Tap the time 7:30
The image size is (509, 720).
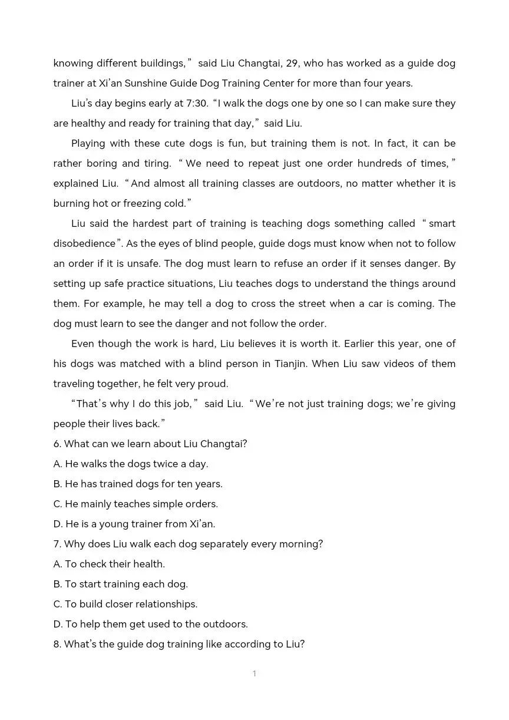point(197,103)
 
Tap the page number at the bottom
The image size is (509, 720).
point(254,673)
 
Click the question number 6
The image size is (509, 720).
point(57,444)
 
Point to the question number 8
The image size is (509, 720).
point(57,644)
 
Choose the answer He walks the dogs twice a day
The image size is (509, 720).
point(131,464)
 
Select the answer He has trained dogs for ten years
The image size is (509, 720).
point(138,484)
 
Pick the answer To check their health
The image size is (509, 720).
point(109,564)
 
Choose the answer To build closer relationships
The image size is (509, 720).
point(125,604)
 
